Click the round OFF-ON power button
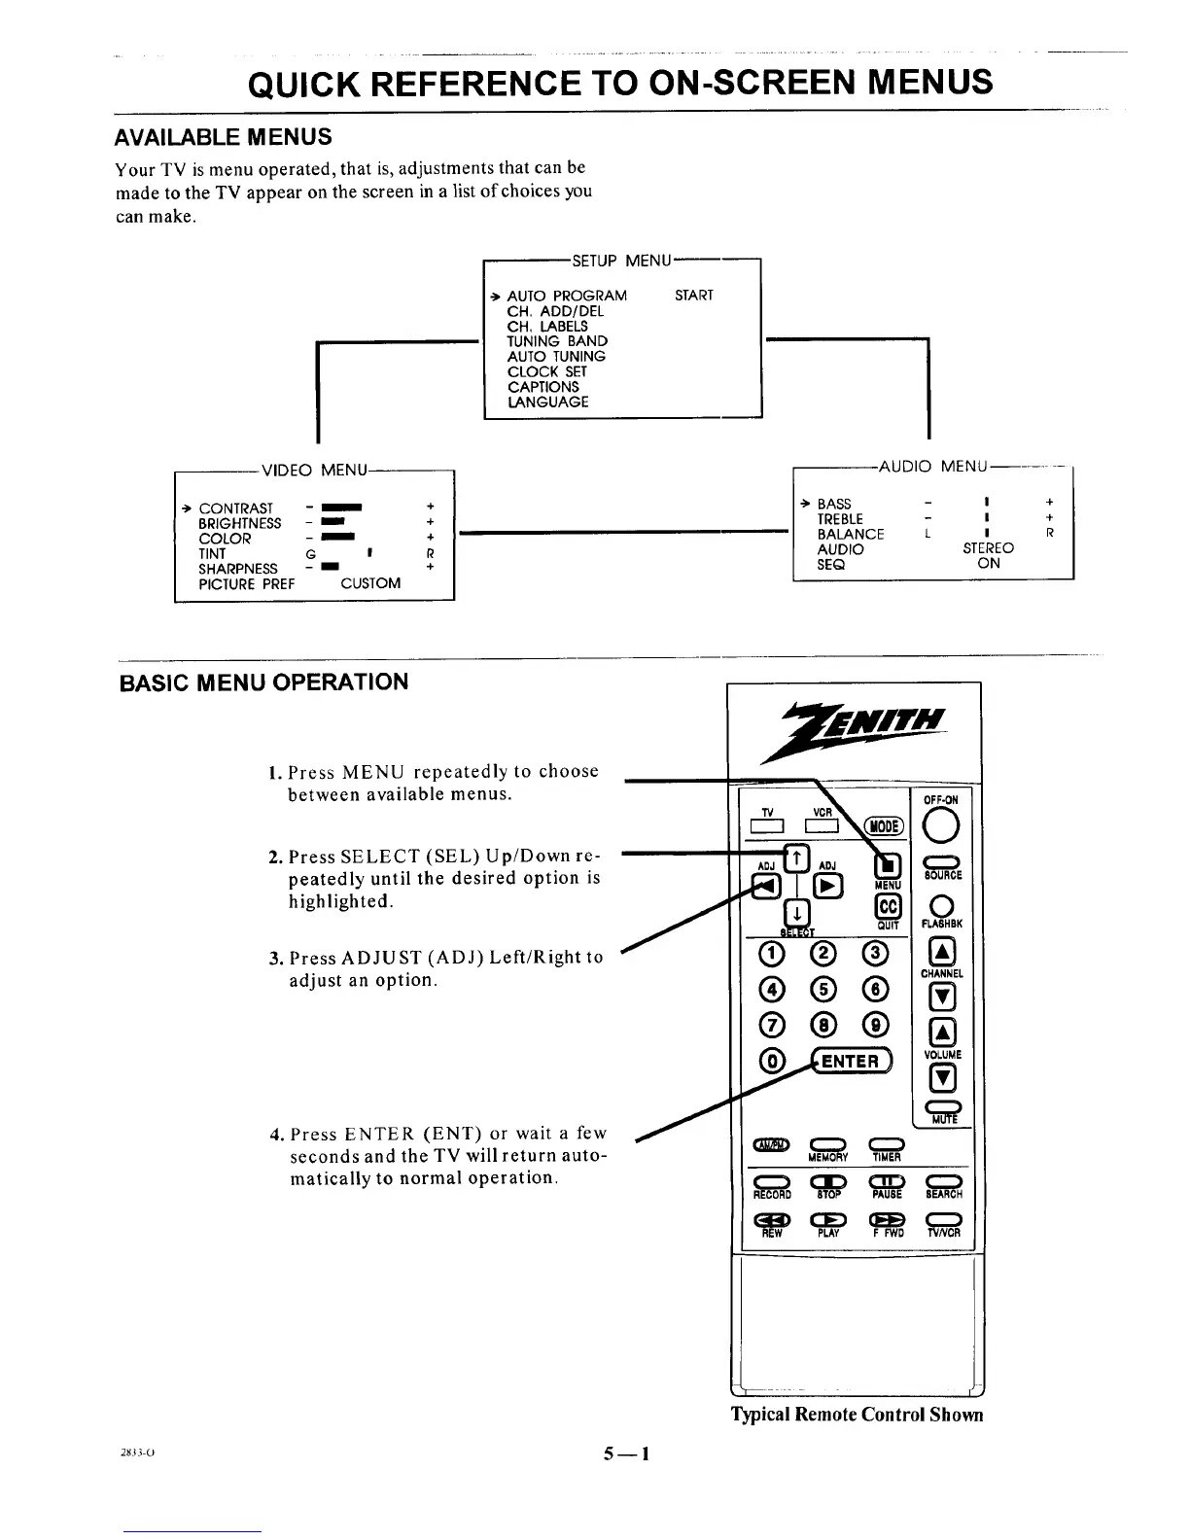tap(941, 826)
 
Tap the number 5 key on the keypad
tap(824, 989)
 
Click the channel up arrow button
tap(941, 953)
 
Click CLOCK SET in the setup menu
tap(546, 371)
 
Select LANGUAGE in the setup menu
tap(547, 402)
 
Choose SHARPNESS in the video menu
tap(237, 569)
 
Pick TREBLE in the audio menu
tap(840, 519)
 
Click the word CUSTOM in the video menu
tap(370, 583)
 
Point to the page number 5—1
tap(625, 1454)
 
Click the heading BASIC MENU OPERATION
tap(263, 682)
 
